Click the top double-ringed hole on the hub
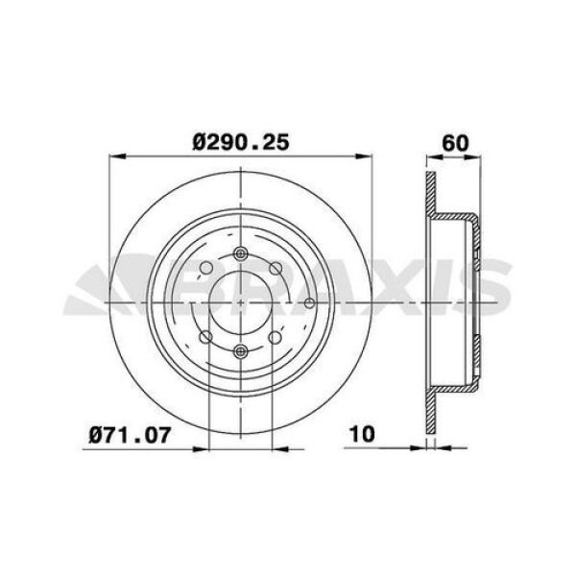pyautogui.click(x=240, y=255)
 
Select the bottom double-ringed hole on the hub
pyautogui.click(x=240, y=349)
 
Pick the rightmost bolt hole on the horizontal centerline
pyautogui.click(x=309, y=303)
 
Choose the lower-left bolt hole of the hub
pyautogui.click(x=205, y=337)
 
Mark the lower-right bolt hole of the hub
pyautogui.click(x=276, y=337)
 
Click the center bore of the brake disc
pyautogui.click(x=240, y=303)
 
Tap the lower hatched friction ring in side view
pyautogui.click(x=430, y=413)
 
